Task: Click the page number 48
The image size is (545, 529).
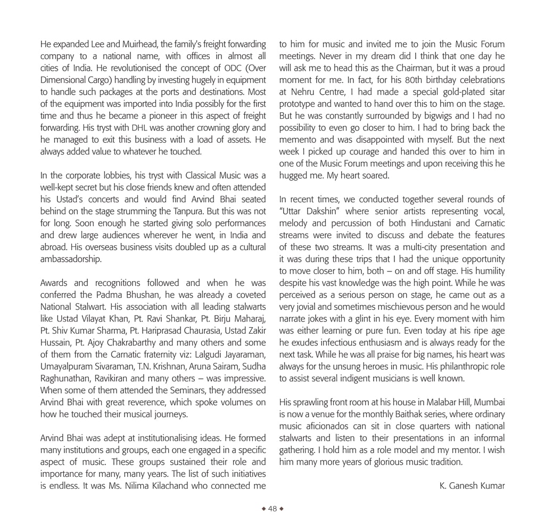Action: click(x=272, y=509)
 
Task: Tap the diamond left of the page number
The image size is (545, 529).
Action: click(x=263, y=509)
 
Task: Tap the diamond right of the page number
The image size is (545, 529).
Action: click(x=282, y=509)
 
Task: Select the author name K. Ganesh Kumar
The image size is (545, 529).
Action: click(x=472, y=485)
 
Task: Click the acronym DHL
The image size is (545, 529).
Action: click(x=138, y=128)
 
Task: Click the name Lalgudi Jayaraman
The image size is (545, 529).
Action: click(x=223, y=354)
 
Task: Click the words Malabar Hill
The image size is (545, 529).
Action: click(x=445, y=402)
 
